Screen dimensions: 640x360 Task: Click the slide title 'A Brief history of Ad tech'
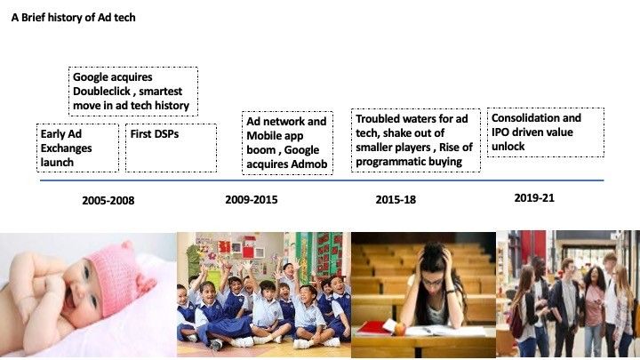tap(74, 18)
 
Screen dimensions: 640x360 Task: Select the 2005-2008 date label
tap(108, 200)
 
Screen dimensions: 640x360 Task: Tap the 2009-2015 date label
tap(252, 200)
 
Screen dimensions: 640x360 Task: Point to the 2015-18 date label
tap(396, 200)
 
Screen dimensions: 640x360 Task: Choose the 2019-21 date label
tap(534, 198)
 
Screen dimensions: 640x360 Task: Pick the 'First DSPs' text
tap(155, 134)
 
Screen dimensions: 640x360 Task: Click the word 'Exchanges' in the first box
tap(66, 148)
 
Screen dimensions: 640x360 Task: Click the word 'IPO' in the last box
tap(500, 132)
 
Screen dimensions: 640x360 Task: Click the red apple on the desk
tap(400, 329)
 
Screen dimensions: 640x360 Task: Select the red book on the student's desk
tap(372, 328)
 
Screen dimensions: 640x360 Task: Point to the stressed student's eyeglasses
tap(432, 282)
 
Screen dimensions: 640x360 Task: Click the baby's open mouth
tap(70, 300)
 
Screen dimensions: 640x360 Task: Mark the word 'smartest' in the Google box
tap(160, 91)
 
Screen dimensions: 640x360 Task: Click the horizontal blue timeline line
tap(322, 180)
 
